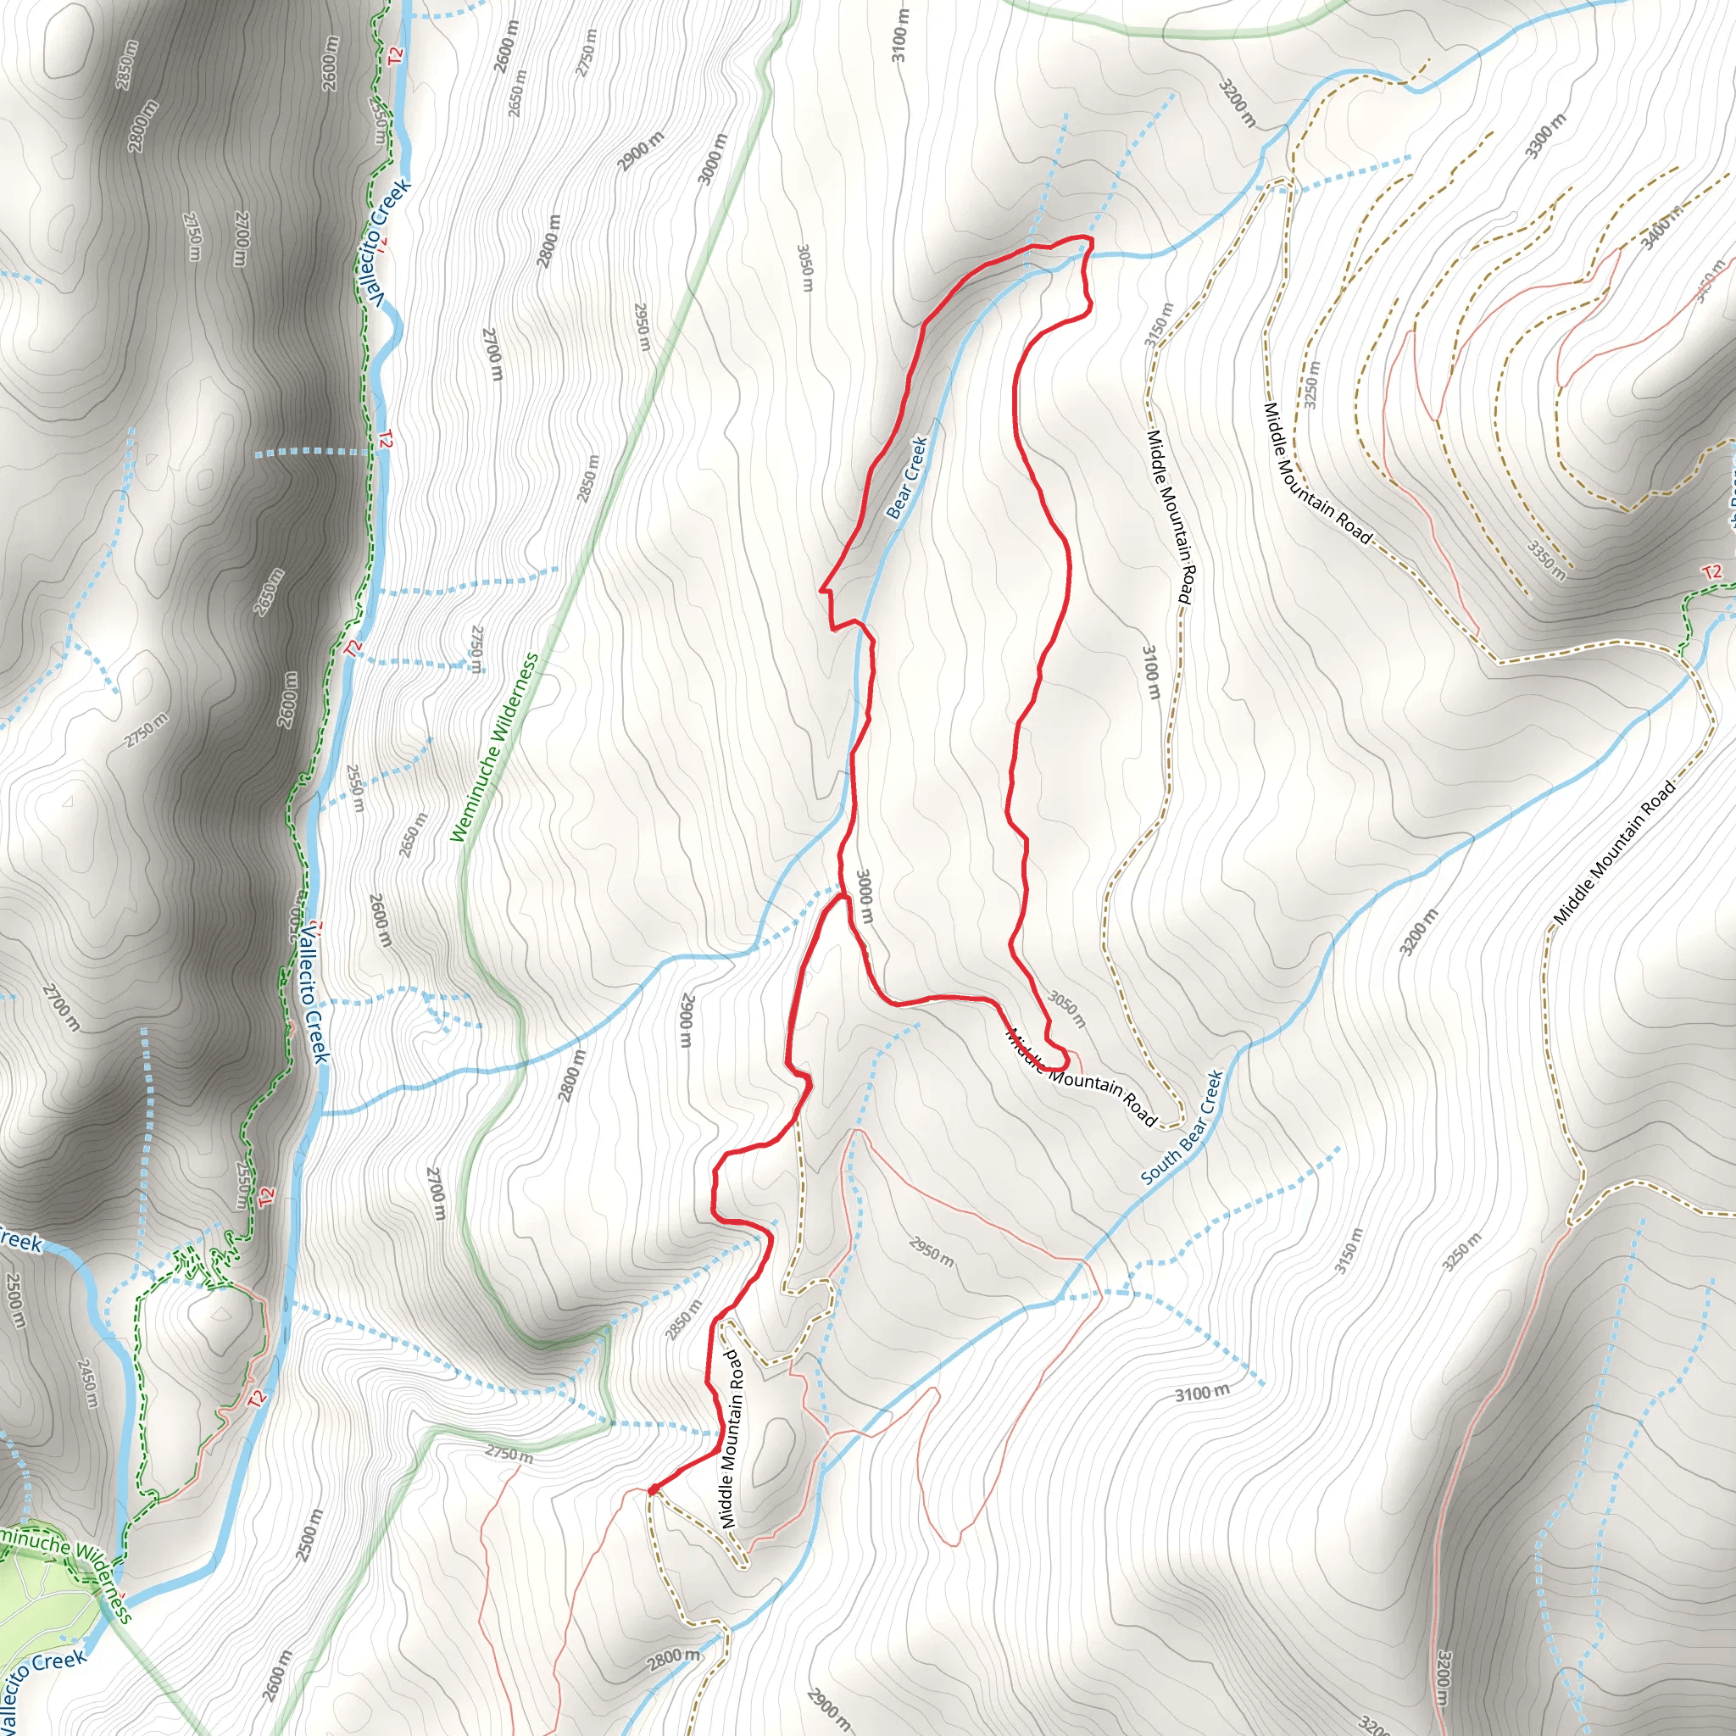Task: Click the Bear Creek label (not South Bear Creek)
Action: (907, 478)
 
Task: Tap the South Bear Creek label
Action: (1182, 1127)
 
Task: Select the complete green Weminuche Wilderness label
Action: (494, 748)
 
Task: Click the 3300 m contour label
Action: (1545, 136)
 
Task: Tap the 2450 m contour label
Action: (87, 1383)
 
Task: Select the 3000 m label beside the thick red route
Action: (864, 896)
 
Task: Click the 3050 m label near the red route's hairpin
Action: (1066, 1009)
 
